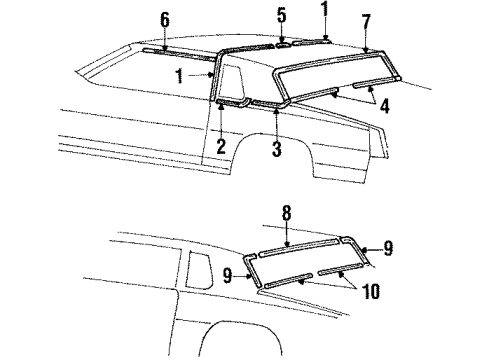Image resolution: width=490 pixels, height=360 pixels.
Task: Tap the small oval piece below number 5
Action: tap(283, 44)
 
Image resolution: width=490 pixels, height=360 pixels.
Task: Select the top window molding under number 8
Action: tap(300, 247)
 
